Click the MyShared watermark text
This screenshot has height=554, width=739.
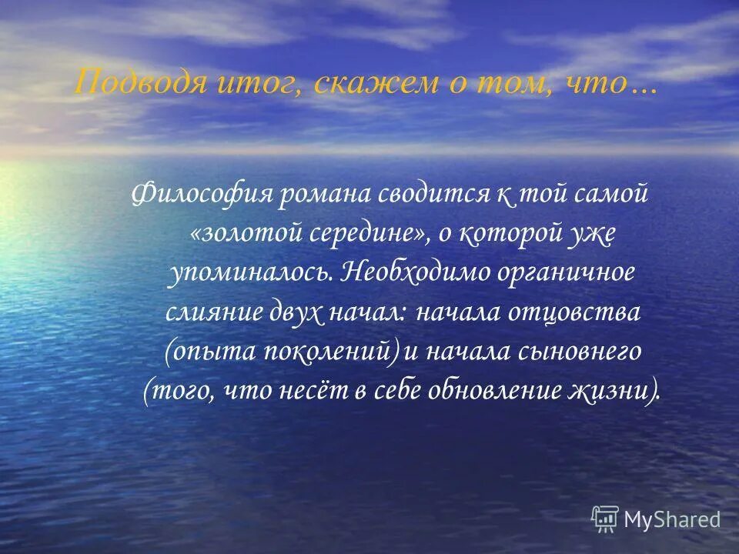[672, 519]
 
